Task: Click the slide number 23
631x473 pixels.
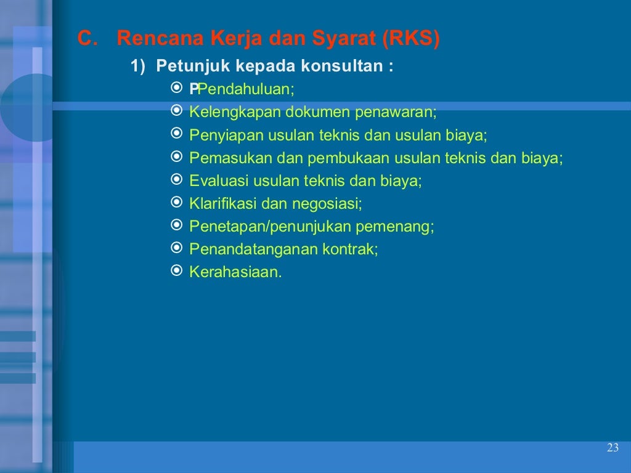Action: pos(612,448)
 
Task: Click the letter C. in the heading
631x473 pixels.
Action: pos(88,39)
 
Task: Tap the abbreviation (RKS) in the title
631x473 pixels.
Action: pos(411,39)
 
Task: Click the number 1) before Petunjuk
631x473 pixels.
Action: pos(138,66)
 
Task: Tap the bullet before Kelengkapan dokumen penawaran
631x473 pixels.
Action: pos(176,111)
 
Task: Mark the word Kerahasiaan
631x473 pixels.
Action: pos(235,272)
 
